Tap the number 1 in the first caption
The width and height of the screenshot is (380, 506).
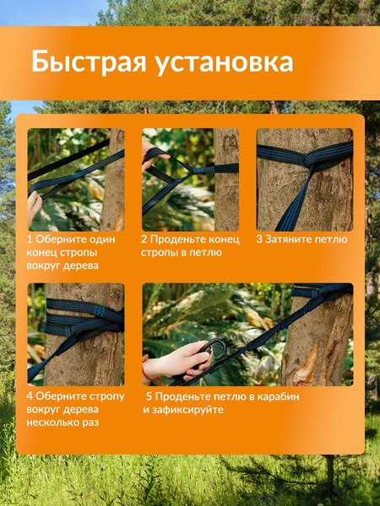tap(30, 240)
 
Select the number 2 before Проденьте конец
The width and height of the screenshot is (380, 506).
tap(144, 240)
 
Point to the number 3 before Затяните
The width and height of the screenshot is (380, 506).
tap(260, 240)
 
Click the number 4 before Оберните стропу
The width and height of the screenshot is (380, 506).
tap(30, 396)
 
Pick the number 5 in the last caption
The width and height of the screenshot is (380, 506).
tap(149, 396)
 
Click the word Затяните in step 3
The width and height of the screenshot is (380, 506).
tap(291, 240)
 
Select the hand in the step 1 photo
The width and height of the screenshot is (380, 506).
tap(34, 207)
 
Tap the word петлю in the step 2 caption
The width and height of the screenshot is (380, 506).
tap(205, 253)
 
